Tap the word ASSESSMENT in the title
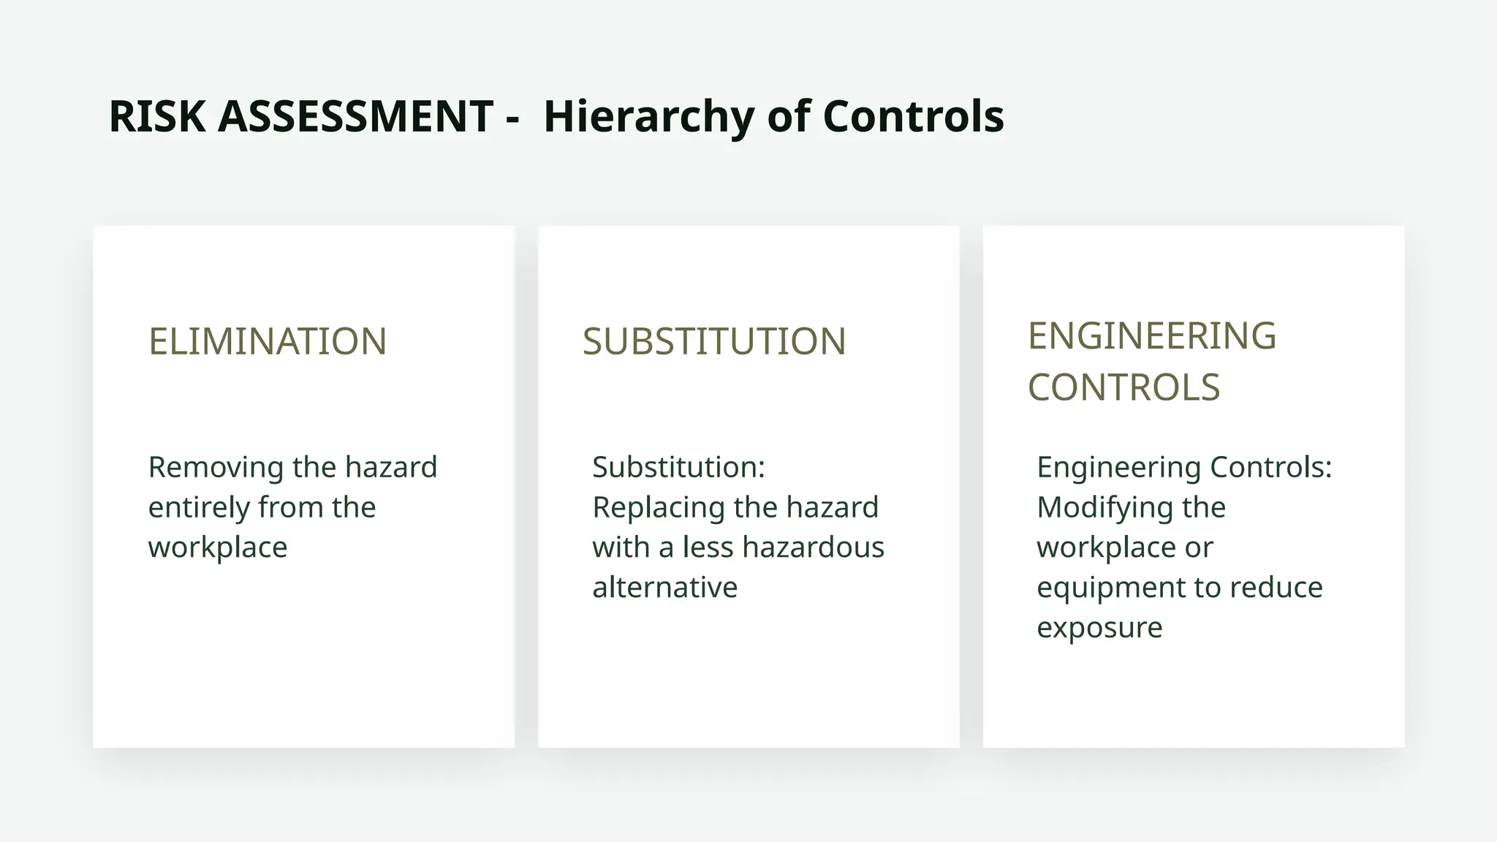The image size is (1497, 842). pyautogui.click(x=355, y=117)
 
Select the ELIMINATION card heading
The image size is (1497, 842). pyautogui.click(x=268, y=341)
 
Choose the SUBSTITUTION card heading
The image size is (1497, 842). pyautogui.click(x=714, y=341)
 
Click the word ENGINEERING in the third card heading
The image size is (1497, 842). pyautogui.click(x=1152, y=336)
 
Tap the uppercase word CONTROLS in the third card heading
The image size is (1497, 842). pyautogui.click(x=1124, y=387)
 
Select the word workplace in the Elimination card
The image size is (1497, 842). pyautogui.click(x=218, y=547)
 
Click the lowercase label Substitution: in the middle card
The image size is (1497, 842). pyautogui.click(x=678, y=468)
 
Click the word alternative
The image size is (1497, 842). pyautogui.click(x=665, y=588)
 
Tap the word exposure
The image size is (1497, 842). pyautogui.click(x=1099, y=628)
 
